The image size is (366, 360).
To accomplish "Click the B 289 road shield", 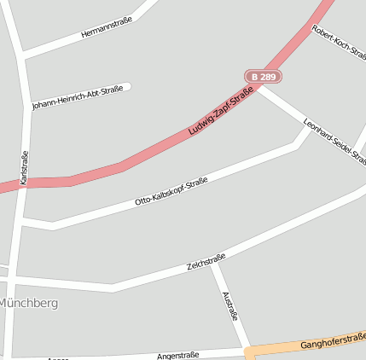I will (x=263, y=77).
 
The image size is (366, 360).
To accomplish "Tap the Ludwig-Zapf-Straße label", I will (x=221, y=110).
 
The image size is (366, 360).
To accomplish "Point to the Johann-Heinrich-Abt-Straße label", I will (x=78, y=98).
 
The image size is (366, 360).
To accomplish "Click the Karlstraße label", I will (x=24, y=169).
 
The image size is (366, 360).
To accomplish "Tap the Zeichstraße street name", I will (x=206, y=262).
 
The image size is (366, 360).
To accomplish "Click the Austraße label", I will (x=229, y=306).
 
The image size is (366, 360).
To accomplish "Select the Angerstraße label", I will (x=177, y=355).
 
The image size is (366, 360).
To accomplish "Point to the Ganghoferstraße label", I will (x=333, y=343).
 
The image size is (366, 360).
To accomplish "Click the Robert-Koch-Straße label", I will (x=339, y=43).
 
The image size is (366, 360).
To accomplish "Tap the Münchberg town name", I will (x=29, y=303).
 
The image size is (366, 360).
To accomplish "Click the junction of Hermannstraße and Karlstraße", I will (x=20, y=56).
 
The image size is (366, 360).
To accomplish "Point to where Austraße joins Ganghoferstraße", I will (x=247, y=350).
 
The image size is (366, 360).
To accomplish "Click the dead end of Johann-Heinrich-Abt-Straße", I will (x=128, y=86).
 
